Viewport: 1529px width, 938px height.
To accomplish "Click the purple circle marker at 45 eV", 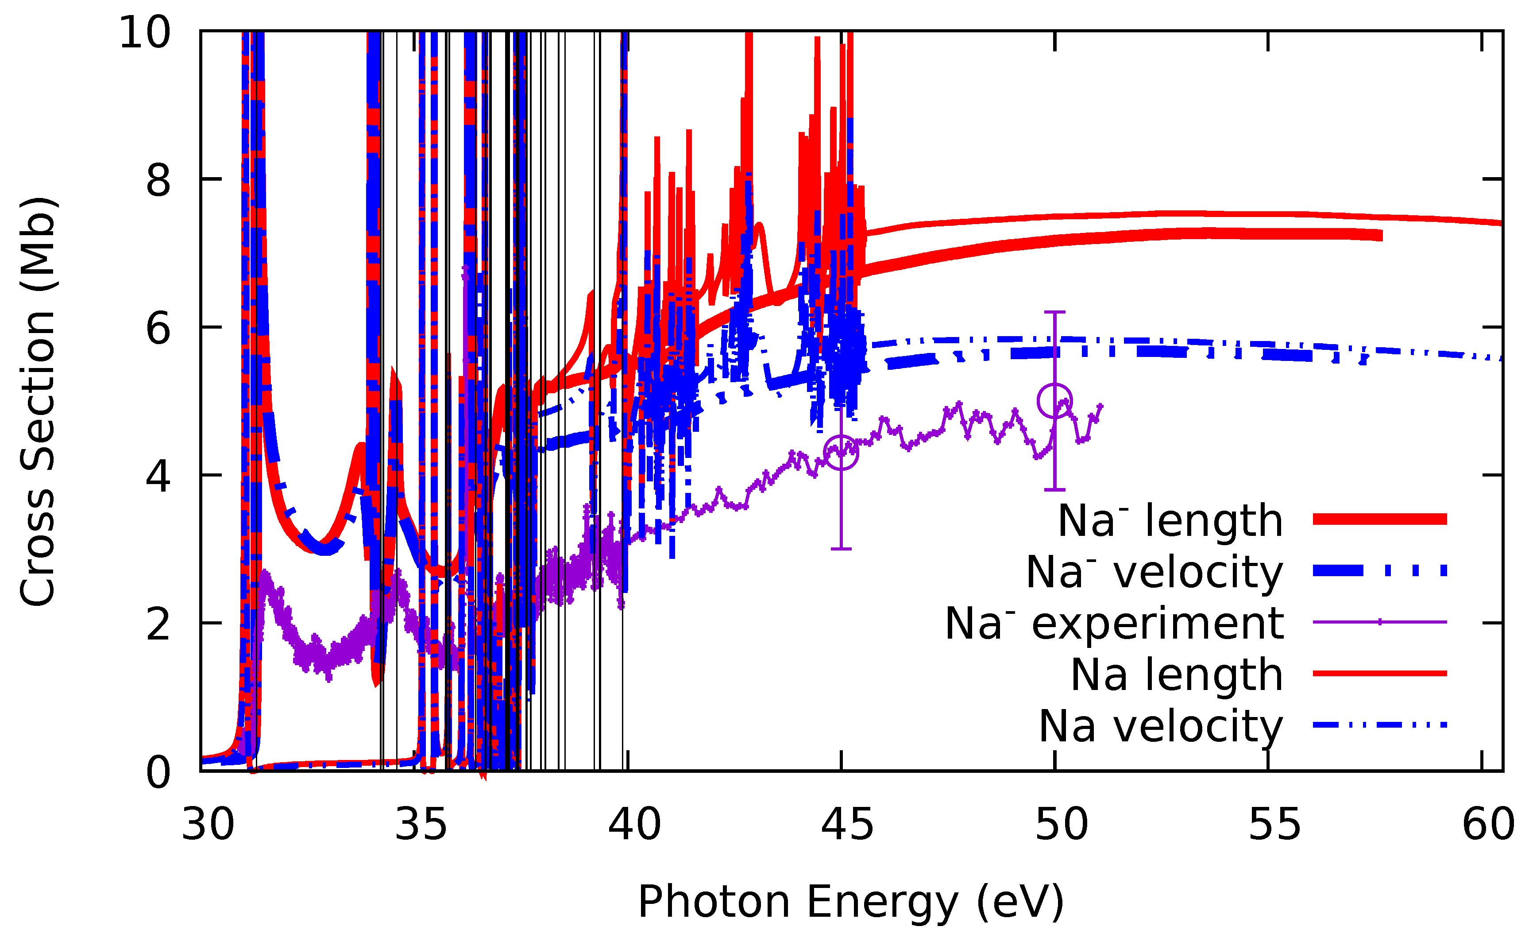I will click(841, 453).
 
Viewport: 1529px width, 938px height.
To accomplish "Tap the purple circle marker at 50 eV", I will click(1054, 401).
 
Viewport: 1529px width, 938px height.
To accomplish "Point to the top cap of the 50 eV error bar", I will click(1054, 312).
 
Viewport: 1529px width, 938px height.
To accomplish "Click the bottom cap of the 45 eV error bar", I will click(841, 549).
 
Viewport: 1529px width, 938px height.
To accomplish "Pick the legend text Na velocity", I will click(1160, 726).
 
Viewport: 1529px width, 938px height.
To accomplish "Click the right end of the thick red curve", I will click(1381, 235).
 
